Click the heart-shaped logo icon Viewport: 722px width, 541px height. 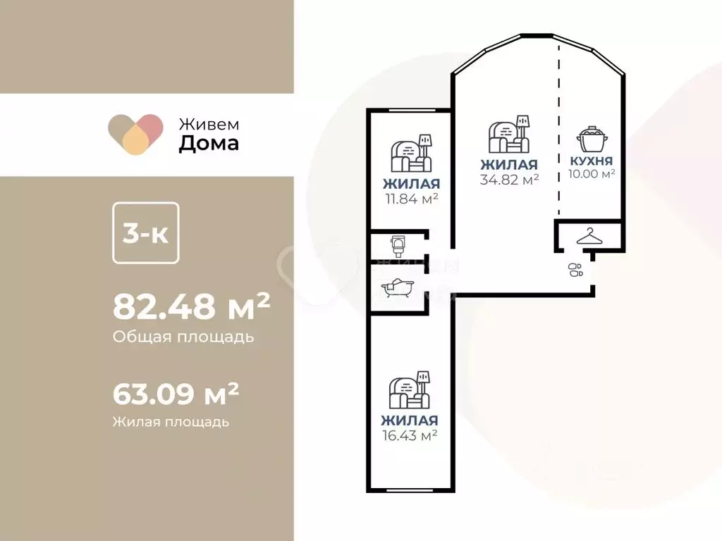(x=136, y=134)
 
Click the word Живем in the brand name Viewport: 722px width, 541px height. (x=208, y=124)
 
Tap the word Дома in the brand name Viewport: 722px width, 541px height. (x=208, y=144)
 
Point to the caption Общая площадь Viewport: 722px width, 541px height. (x=183, y=337)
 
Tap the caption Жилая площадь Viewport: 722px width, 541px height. (x=170, y=422)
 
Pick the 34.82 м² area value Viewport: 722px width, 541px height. (x=510, y=179)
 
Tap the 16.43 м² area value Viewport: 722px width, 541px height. (x=410, y=435)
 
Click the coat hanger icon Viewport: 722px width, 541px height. (x=590, y=237)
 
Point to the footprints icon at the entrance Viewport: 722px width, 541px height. (x=575, y=270)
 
